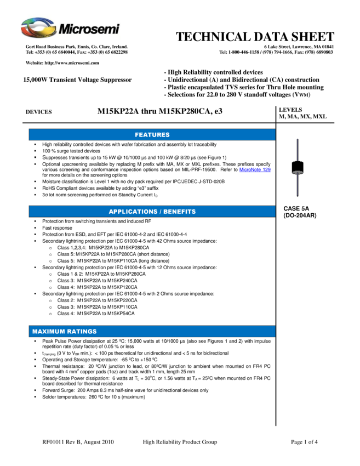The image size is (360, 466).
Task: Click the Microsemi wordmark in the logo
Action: coord(89,29)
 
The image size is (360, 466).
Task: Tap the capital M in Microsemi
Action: coord(65,29)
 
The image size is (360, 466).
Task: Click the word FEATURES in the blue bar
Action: coord(152,135)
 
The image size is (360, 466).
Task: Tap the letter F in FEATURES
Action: coord(137,135)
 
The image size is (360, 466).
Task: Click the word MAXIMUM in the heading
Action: coord(48,332)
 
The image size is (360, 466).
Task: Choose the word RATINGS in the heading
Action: coord(81,332)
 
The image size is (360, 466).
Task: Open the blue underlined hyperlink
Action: coord(255,170)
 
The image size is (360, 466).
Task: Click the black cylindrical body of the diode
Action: coord(297,166)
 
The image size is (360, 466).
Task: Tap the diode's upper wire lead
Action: coord(297,150)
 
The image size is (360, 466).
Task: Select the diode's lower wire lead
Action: coord(297,185)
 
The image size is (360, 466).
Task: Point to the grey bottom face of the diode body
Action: coord(297,173)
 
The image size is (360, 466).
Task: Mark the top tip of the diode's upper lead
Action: coord(297,140)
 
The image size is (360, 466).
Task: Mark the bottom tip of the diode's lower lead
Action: coord(297,195)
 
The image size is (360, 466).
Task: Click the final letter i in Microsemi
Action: coord(117,29)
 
